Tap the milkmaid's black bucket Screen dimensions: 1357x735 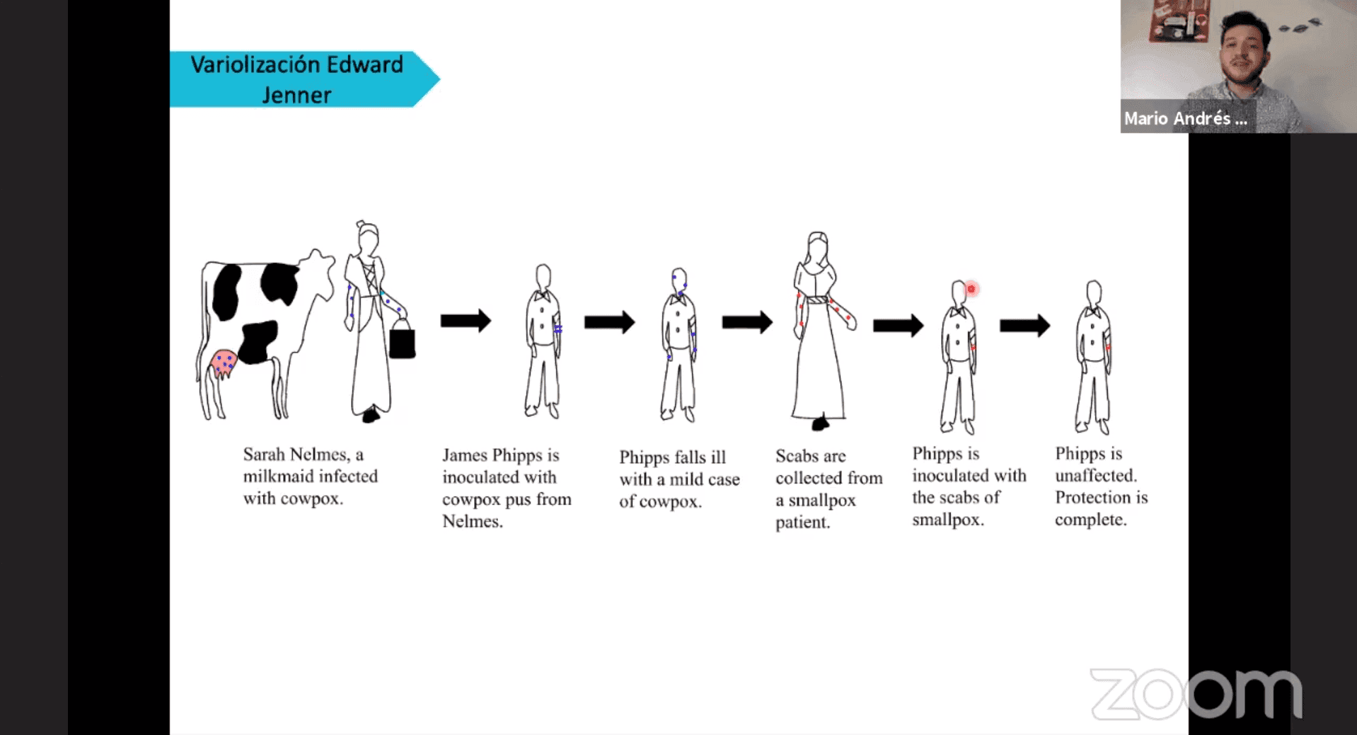[402, 342]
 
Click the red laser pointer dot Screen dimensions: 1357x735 [971, 289]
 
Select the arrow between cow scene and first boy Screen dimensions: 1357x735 [466, 321]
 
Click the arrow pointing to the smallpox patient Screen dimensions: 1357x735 [747, 322]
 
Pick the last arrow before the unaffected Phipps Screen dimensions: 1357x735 [1024, 326]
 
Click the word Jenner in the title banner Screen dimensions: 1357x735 [296, 95]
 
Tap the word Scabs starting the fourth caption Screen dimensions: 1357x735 [796, 456]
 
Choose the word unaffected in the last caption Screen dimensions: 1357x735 [1095, 475]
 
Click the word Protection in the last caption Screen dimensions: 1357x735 [1093, 497]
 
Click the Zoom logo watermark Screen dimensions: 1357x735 [1196, 694]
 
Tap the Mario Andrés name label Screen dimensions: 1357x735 [1186, 118]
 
